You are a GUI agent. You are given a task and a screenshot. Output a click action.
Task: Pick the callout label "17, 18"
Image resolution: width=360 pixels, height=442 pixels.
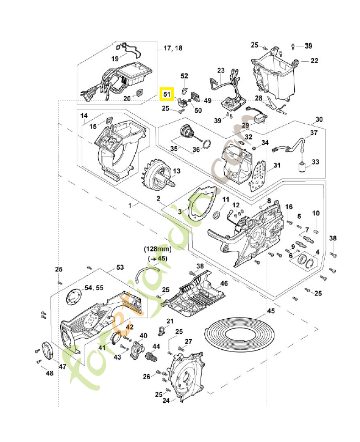coord(173,49)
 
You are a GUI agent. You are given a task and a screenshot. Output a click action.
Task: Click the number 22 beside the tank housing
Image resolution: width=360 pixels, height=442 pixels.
coord(314,60)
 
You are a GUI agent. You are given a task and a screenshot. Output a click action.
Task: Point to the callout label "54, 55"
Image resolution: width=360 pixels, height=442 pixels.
coord(93,288)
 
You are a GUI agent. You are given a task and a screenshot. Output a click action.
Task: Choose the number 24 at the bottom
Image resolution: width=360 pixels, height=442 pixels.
coord(166,401)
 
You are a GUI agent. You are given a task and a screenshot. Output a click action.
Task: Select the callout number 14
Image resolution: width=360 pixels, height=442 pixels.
coord(84,115)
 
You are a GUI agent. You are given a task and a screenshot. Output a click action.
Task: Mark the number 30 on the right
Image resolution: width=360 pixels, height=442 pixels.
coord(319,120)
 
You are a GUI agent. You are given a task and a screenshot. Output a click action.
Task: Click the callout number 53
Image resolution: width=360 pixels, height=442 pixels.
coord(120,267)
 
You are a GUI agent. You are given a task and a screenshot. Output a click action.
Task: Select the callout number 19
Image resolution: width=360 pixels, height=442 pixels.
coord(115,58)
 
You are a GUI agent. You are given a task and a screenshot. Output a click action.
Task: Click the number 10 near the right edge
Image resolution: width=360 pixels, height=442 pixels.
coord(316,213)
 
